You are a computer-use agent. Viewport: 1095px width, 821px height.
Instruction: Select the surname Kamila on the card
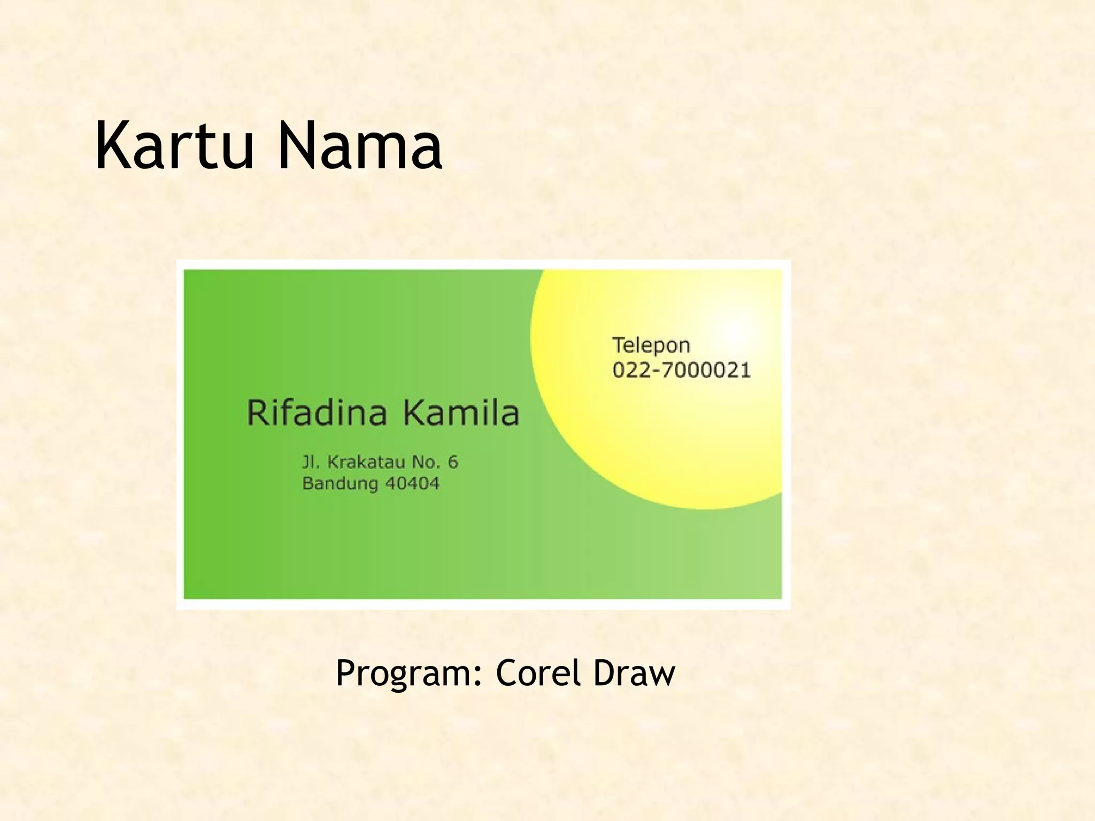pyautogui.click(x=461, y=413)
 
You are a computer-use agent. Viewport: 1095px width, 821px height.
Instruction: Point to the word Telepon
pyautogui.click(x=651, y=346)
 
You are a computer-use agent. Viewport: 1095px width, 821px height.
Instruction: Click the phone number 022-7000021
pyautogui.click(x=682, y=370)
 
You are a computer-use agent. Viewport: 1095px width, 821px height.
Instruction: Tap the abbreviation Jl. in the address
pyautogui.click(x=311, y=462)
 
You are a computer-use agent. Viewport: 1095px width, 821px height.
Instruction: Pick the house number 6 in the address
pyautogui.click(x=453, y=462)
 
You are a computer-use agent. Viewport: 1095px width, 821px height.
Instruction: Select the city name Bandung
pyautogui.click(x=340, y=484)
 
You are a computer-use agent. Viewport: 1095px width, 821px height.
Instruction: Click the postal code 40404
pyautogui.click(x=412, y=484)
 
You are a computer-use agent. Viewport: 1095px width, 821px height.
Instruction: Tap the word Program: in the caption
pyautogui.click(x=410, y=673)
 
